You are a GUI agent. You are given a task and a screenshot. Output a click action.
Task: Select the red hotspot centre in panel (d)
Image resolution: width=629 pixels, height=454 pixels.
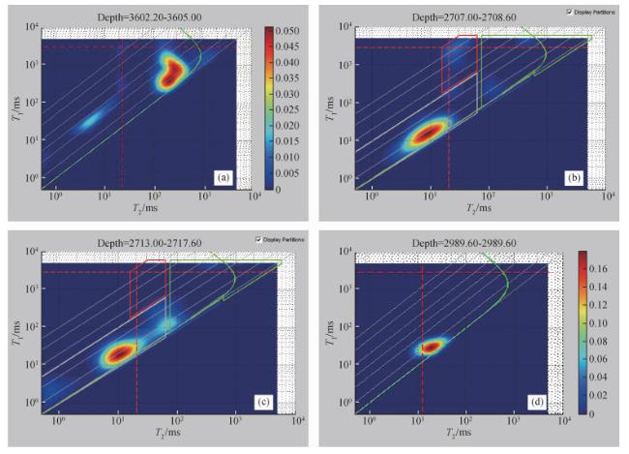(430, 346)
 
